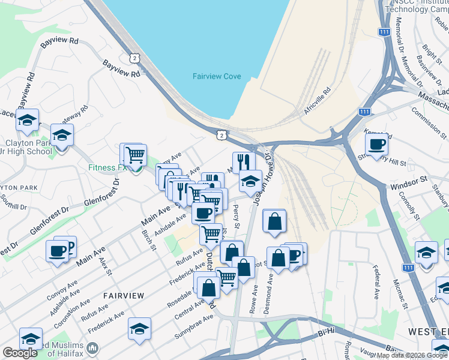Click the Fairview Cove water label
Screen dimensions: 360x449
click(217, 76)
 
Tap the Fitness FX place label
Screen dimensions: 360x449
click(108, 167)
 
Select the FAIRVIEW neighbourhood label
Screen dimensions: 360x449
click(123, 296)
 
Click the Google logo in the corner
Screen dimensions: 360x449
click(20, 353)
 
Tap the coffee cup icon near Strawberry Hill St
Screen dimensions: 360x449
click(377, 145)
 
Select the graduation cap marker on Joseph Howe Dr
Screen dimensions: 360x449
click(250, 180)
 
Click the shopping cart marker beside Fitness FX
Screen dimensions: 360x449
click(135, 155)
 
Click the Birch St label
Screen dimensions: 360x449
click(148, 240)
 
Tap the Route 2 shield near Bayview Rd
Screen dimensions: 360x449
click(134, 57)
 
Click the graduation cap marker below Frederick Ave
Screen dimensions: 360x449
click(139, 329)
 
